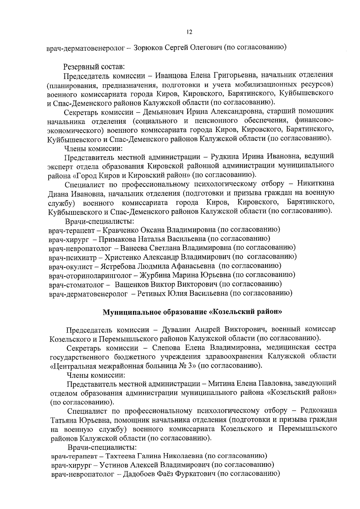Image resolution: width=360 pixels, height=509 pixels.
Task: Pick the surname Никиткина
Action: coord(316,183)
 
